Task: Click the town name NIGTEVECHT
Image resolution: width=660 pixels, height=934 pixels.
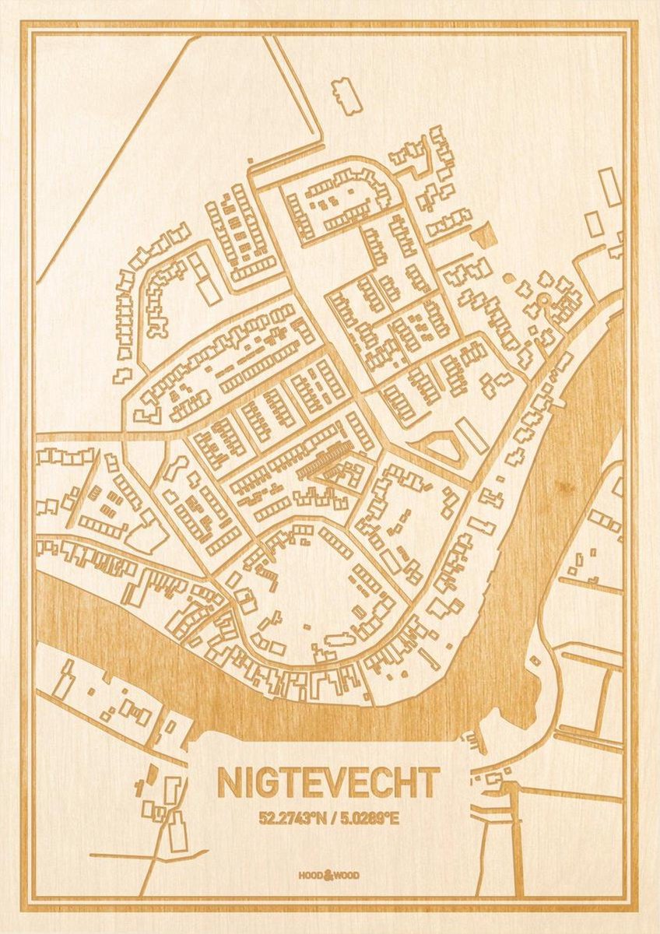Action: pyautogui.click(x=328, y=782)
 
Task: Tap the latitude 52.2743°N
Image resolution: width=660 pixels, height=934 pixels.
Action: pyautogui.click(x=294, y=818)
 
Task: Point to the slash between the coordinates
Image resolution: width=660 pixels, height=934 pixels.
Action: pyautogui.click(x=331, y=818)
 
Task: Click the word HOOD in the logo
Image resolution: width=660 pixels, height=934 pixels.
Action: pyautogui.click(x=311, y=876)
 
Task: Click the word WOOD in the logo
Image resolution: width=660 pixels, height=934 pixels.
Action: pyautogui.click(x=347, y=876)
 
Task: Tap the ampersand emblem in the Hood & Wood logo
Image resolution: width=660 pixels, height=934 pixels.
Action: pyautogui.click(x=328, y=875)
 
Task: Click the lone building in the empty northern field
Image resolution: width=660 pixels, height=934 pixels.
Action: pyautogui.click(x=343, y=94)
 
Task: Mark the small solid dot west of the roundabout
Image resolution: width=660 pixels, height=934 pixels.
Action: pyautogui.click(x=507, y=278)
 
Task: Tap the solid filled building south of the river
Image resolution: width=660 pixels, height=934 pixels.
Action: pyautogui.click(x=152, y=770)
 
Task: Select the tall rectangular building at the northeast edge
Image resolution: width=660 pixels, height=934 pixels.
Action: pyautogui.click(x=609, y=187)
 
